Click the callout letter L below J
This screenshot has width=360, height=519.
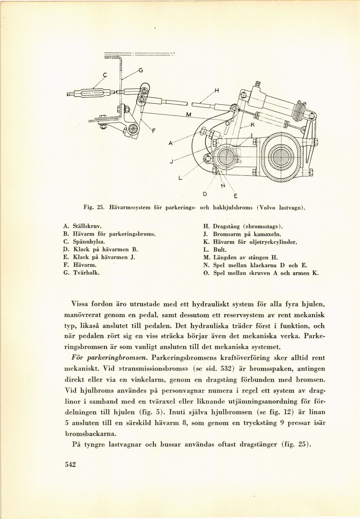pyautogui.click(x=180, y=178)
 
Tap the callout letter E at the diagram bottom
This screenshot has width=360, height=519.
pyautogui.click(x=235, y=196)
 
